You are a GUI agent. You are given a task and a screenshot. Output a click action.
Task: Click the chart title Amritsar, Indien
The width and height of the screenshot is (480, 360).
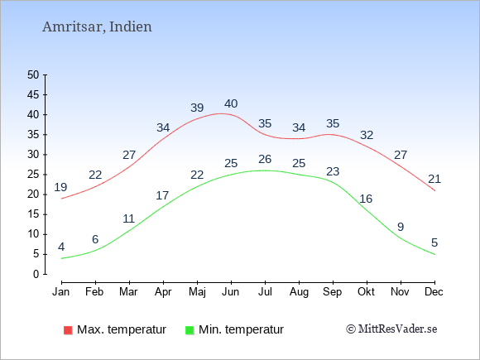(x=97, y=26)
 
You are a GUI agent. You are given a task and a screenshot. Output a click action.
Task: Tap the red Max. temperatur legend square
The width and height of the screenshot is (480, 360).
(x=68, y=330)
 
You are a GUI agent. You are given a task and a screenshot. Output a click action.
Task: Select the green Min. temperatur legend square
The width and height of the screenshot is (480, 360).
(x=190, y=330)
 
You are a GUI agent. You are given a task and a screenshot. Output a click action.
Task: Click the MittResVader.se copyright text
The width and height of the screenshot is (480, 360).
(x=391, y=329)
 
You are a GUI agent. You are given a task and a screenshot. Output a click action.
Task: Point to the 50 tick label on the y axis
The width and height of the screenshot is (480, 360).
(x=33, y=74)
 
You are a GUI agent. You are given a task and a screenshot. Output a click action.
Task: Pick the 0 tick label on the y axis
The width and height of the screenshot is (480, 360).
(x=36, y=274)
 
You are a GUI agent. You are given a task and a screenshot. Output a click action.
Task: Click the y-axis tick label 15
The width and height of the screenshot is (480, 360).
(x=33, y=214)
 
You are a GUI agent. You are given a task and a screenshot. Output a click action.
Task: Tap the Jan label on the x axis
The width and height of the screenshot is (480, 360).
(x=61, y=292)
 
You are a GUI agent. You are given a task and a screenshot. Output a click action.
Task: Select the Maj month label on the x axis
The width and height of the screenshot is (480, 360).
(x=197, y=292)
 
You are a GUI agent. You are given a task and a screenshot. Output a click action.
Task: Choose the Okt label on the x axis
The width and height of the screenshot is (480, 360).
(x=366, y=292)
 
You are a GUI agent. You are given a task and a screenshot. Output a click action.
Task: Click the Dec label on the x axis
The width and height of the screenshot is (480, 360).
(x=434, y=292)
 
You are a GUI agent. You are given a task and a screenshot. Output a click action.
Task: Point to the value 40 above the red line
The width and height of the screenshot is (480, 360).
(x=231, y=103)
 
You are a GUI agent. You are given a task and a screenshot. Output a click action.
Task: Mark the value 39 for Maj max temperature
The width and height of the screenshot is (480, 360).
(x=197, y=108)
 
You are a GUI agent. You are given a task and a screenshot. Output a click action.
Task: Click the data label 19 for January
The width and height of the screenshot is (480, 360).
(x=60, y=187)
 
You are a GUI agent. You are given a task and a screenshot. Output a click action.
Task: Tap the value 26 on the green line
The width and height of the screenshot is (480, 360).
(x=265, y=159)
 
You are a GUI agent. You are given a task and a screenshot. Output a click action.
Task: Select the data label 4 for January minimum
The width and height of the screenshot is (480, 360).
(x=61, y=247)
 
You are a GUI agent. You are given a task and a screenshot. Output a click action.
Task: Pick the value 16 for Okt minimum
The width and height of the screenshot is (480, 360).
(x=366, y=199)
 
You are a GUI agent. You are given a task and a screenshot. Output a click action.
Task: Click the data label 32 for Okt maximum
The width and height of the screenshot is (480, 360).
(x=367, y=135)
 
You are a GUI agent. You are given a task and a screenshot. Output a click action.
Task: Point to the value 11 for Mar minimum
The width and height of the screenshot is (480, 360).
(x=129, y=218)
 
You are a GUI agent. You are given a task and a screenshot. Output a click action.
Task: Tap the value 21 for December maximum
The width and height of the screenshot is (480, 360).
(x=434, y=179)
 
